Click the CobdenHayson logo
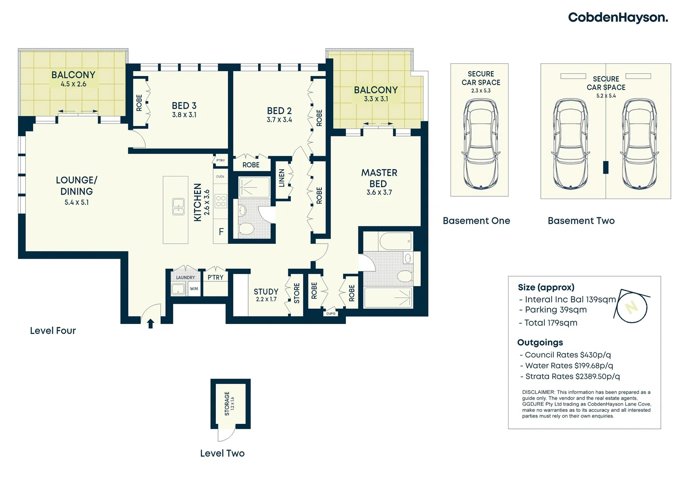pos(618,18)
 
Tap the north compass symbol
pos(632,307)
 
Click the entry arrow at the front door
pos(151,323)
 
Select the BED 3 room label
pos(184,106)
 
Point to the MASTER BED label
pos(379,178)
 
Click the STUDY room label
pos(266,291)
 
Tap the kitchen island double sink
pos(178,207)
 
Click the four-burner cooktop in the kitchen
pos(221,202)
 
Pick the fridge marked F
pos(221,231)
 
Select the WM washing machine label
pos(194,288)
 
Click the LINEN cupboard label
pos(281,178)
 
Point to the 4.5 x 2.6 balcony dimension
pos(73,84)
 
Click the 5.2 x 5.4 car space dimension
pos(606,95)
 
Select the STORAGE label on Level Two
pos(227,403)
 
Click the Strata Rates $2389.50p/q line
pos(572,376)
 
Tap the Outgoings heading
pos(540,342)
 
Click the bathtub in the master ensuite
pos(396,241)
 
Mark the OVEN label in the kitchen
pos(220,176)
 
